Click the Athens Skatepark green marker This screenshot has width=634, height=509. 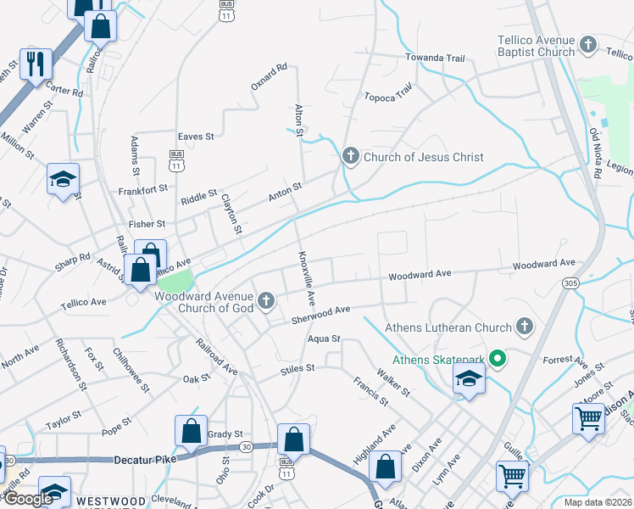pos(499,360)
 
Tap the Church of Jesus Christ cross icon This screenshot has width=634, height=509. pos(351,156)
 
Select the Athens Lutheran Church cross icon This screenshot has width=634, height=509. pos(525,327)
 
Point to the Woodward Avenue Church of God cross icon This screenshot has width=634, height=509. pos(266,299)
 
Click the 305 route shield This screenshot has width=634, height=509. pos(570,282)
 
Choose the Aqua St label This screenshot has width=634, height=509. pos(324,338)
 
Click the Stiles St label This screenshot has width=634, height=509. pos(298,369)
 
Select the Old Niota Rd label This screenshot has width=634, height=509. pos(596,153)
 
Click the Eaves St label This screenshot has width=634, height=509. pos(195,136)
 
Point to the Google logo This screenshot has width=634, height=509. pos(28,499)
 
